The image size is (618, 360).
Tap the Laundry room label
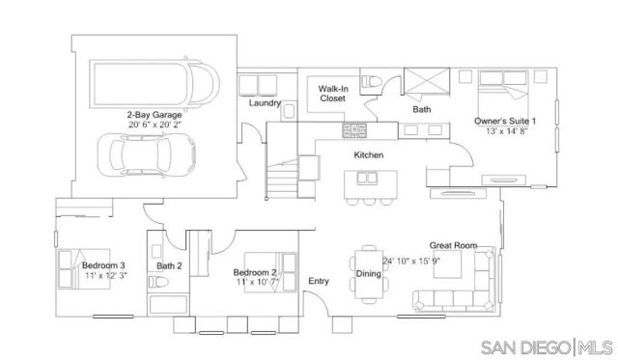click(264, 103)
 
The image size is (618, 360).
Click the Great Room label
click(454, 247)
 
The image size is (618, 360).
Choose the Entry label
click(318, 282)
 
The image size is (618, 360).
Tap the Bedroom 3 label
click(103, 265)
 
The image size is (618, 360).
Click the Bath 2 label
click(170, 266)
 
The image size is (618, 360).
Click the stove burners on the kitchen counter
click(353, 128)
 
